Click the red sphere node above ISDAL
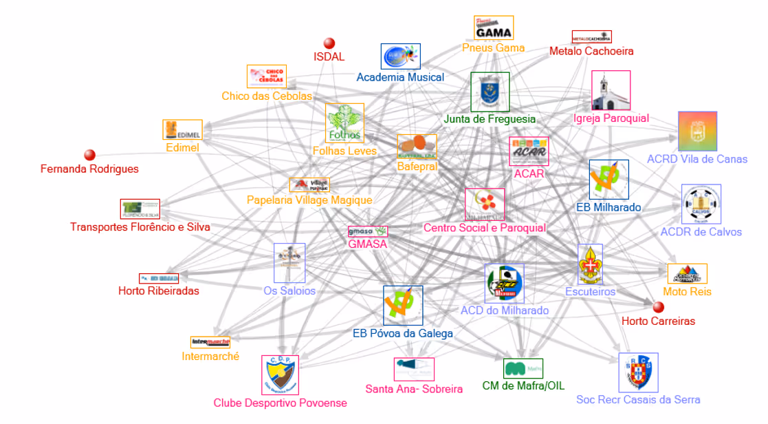click(329, 43)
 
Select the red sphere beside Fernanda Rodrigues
click(89, 155)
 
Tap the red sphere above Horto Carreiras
click(658, 307)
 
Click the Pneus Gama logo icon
click(494, 28)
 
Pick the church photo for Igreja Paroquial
click(611, 90)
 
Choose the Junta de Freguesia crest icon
click(490, 92)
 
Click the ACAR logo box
click(529, 151)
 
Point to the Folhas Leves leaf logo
click(344, 123)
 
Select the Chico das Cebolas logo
click(267, 76)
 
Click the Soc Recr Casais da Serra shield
click(638, 373)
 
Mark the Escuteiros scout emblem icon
click(590, 264)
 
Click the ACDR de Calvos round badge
click(701, 204)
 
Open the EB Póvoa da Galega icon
click(403, 306)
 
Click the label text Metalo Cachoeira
click(591, 51)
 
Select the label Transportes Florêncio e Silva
click(140, 227)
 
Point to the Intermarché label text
click(210, 357)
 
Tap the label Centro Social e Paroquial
click(485, 228)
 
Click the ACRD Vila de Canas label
click(697, 159)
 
